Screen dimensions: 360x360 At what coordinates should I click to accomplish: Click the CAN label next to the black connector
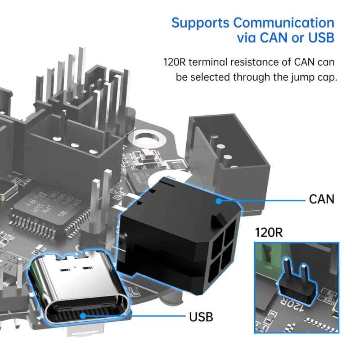(x=322, y=198)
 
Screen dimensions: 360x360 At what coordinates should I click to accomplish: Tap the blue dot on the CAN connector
(x=219, y=201)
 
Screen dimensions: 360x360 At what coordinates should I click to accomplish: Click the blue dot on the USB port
(x=82, y=315)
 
